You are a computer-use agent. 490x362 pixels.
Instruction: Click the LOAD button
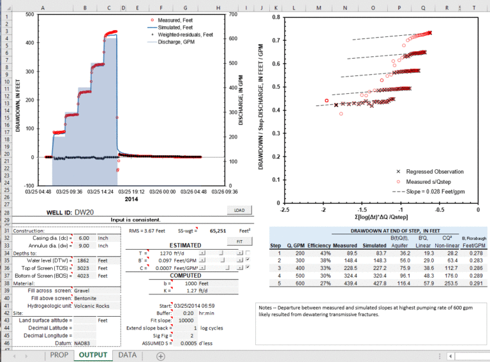tap(239, 209)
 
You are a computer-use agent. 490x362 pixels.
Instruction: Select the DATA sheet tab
tap(127, 354)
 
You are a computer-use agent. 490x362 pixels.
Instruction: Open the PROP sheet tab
tap(59, 354)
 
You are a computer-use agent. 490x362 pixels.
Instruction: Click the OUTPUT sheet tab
tap(93, 354)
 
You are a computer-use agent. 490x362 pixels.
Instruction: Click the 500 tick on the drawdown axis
tap(30, 14)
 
